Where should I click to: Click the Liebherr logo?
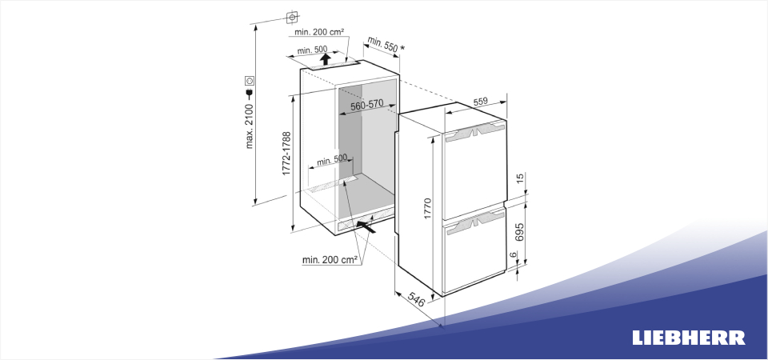point(689,338)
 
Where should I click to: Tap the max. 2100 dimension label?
point(250,126)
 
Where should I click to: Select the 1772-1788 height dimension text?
point(286,154)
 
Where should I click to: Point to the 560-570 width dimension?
point(367,106)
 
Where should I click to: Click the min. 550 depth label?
point(382,44)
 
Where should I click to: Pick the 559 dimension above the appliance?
point(481,102)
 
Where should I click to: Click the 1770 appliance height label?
point(427,208)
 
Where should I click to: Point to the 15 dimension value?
point(520,178)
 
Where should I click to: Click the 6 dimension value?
point(513,254)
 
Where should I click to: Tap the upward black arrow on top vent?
point(326,60)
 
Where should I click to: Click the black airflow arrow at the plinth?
point(366,226)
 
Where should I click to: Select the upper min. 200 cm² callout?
point(319,32)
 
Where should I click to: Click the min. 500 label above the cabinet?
point(313,50)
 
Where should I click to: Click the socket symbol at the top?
point(292,17)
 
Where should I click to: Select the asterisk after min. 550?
point(402,48)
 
